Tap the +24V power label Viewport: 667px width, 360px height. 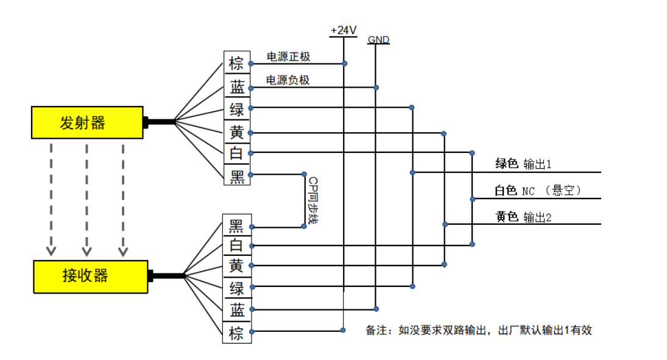pos(344,30)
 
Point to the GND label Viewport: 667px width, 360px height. pos(378,40)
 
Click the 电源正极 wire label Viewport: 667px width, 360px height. pos(288,57)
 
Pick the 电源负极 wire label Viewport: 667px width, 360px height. pos(288,80)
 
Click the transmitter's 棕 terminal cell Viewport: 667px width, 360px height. pos(236,63)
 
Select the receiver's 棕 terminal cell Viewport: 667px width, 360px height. pos(236,333)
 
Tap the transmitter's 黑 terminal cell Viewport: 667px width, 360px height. pos(236,176)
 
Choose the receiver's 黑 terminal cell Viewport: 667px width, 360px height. pos(236,226)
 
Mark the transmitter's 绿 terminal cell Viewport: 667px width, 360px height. pos(236,109)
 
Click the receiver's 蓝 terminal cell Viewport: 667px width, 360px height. pos(236,310)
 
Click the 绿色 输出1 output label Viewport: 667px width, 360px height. pos(523,164)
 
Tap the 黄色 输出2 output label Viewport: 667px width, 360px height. pos(523,217)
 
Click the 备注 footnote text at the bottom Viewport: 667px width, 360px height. pos(479,330)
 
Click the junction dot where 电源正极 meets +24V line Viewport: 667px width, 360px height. pos(345,63)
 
